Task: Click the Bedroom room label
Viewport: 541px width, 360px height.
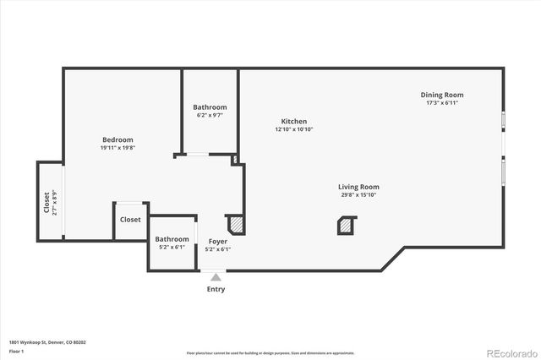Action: [x=117, y=139]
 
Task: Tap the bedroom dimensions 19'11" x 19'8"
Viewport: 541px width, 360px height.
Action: [x=117, y=148]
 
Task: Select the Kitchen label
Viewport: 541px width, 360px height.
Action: [x=294, y=121]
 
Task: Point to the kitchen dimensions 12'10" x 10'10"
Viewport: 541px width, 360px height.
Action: [x=294, y=129]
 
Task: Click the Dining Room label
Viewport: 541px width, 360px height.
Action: [x=442, y=95]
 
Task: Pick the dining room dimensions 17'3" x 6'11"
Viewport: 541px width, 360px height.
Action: [x=442, y=103]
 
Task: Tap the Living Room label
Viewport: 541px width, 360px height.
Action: [x=358, y=187]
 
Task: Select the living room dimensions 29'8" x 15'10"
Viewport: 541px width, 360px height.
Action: [x=358, y=195]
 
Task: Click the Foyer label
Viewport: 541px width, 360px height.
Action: [x=218, y=241]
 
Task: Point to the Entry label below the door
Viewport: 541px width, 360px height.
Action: [x=216, y=289]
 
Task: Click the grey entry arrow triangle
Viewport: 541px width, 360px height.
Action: [x=216, y=277]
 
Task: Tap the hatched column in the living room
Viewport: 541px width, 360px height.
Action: [x=346, y=226]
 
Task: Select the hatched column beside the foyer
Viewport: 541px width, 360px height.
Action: [x=237, y=224]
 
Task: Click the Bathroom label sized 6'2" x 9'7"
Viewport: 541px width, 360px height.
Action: [x=210, y=107]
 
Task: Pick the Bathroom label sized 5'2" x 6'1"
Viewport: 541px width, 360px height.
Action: [x=172, y=239]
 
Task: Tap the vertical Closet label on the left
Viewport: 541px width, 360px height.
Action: [x=46, y=204]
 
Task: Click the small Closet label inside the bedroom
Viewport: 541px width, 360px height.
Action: [x=130, y=220]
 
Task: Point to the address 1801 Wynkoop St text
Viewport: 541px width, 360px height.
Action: [x=47, y=342]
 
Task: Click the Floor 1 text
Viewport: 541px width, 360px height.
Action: [x=16, y=350]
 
